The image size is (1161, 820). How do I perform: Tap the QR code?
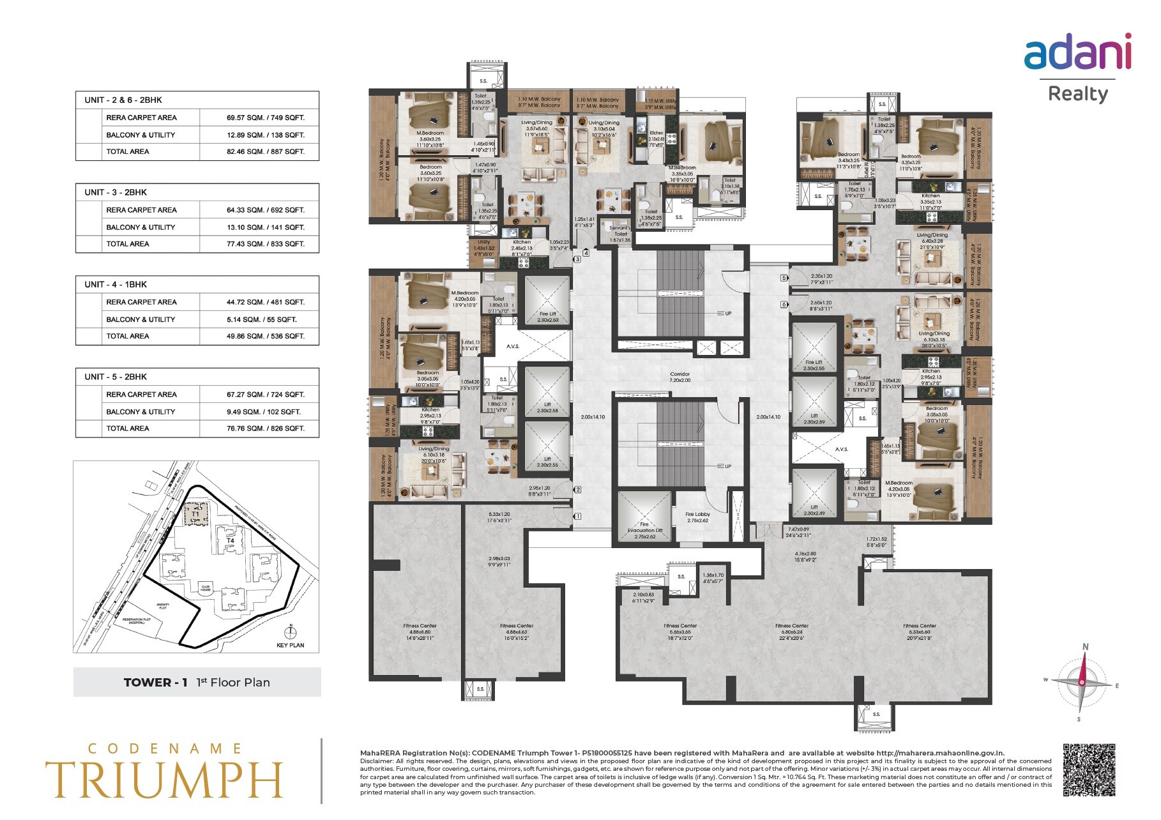click(1089, 770)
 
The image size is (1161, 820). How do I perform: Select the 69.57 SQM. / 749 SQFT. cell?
click(265, 118)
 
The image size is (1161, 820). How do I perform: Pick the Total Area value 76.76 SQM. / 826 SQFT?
click(265, 429)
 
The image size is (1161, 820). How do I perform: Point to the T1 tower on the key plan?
click(196, 514)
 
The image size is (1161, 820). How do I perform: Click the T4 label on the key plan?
click(231, 541)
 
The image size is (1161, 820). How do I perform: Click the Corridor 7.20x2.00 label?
click(679, 377)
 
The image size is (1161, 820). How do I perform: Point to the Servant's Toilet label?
click(619, 231)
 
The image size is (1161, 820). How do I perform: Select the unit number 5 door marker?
click(784, 278)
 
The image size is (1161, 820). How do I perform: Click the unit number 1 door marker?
click(577, 516)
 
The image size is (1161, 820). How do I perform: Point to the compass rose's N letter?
click(1085, 647)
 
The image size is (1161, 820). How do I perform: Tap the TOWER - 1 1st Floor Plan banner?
click(197, 682)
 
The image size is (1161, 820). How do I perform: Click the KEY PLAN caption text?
click(290, 645)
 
